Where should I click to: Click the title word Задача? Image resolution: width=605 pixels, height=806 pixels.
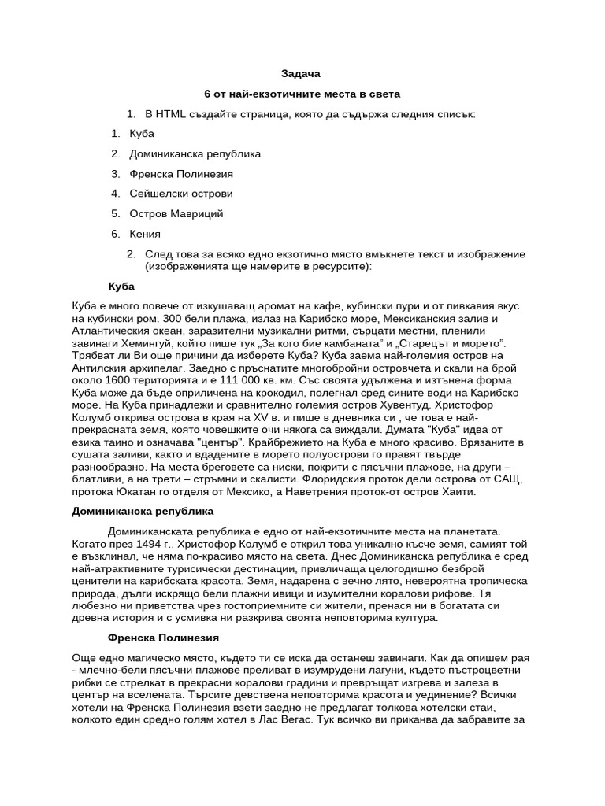pos(302,73)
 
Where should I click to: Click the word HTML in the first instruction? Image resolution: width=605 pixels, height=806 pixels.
pos(171,114)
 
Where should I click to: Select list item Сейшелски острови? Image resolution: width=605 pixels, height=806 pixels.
pos(181,193)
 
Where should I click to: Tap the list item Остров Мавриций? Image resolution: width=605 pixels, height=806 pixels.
pos(176,213)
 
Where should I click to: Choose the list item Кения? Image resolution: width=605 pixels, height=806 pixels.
pos(145,234)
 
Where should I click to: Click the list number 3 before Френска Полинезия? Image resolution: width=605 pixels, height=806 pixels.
pos(115,173)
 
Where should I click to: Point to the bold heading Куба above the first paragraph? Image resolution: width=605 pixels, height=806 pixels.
pos(121,286)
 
